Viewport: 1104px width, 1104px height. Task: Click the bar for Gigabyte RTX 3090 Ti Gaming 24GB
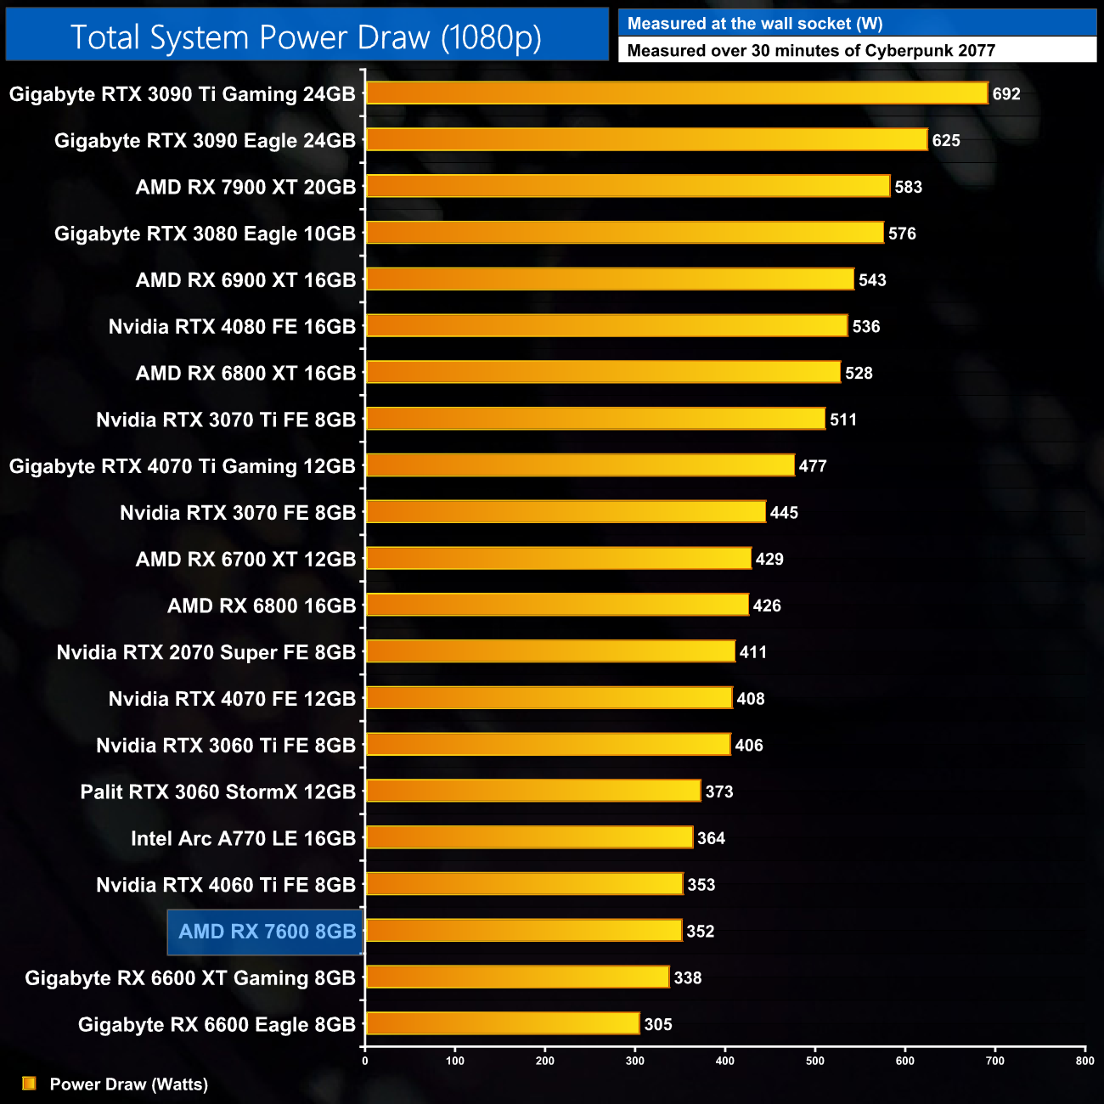677,93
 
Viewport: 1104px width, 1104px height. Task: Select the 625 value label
946,141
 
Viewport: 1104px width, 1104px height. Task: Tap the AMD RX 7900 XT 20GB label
245,188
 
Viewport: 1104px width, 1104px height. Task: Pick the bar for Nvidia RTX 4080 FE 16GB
606,326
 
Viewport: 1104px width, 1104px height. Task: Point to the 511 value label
843,420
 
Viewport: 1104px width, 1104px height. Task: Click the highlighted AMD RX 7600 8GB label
267,932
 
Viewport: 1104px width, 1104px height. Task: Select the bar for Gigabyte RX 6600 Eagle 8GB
503,1024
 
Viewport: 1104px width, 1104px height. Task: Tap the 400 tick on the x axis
725,1061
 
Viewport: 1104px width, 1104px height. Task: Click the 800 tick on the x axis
1084,1061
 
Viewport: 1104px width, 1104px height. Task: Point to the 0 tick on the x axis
365,1061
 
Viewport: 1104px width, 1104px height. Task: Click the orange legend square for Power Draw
29,1084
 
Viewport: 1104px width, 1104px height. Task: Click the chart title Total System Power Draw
306,37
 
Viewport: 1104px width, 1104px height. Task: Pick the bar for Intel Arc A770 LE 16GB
529,837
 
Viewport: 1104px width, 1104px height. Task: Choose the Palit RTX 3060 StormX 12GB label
218,792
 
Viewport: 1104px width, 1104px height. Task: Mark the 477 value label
813,466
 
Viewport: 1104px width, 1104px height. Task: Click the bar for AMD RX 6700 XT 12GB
559,559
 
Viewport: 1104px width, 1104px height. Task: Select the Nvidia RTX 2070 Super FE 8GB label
206,653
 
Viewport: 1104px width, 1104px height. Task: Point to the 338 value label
688,978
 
